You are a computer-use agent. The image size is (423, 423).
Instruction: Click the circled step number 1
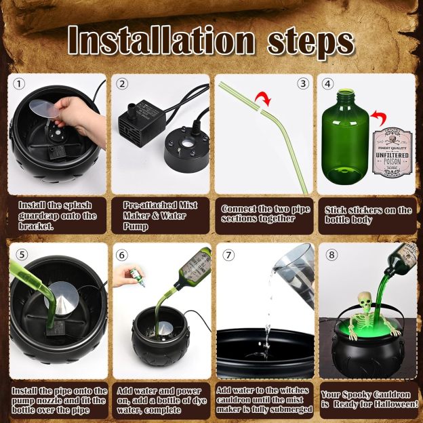(x=19, y=85)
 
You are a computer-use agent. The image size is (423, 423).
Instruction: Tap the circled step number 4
(x=328, y=85)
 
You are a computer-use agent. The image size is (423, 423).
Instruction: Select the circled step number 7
(x=228, y=255)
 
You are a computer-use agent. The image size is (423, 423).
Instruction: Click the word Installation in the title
(x=161, y=42)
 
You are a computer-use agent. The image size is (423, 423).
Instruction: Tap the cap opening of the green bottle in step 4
(x=346, y=87)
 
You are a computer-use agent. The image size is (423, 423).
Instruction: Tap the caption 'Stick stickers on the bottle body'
(x=367, y=215)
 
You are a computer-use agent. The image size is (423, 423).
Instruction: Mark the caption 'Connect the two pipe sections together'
(x=265, y=214)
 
